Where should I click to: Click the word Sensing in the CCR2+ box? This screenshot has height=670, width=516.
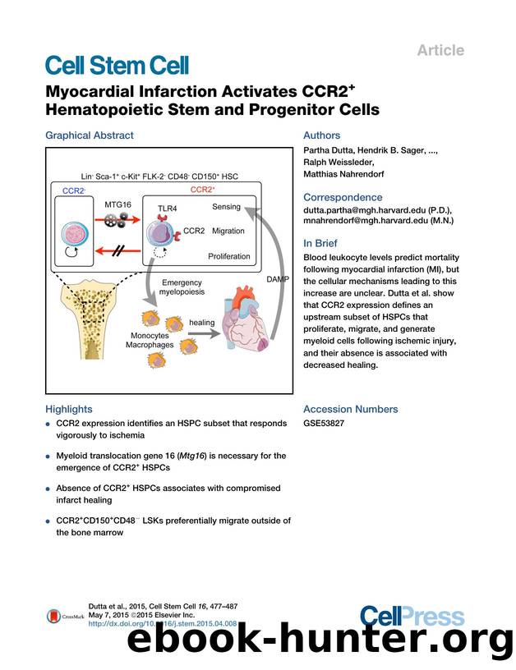226,207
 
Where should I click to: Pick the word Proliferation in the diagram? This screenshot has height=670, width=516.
229,256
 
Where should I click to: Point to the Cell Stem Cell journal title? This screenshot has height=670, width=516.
117,67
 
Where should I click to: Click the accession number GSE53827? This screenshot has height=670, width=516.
325,424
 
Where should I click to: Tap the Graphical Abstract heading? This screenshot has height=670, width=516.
90,135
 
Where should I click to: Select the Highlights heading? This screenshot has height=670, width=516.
69,409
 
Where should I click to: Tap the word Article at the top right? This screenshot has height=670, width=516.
440,50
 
